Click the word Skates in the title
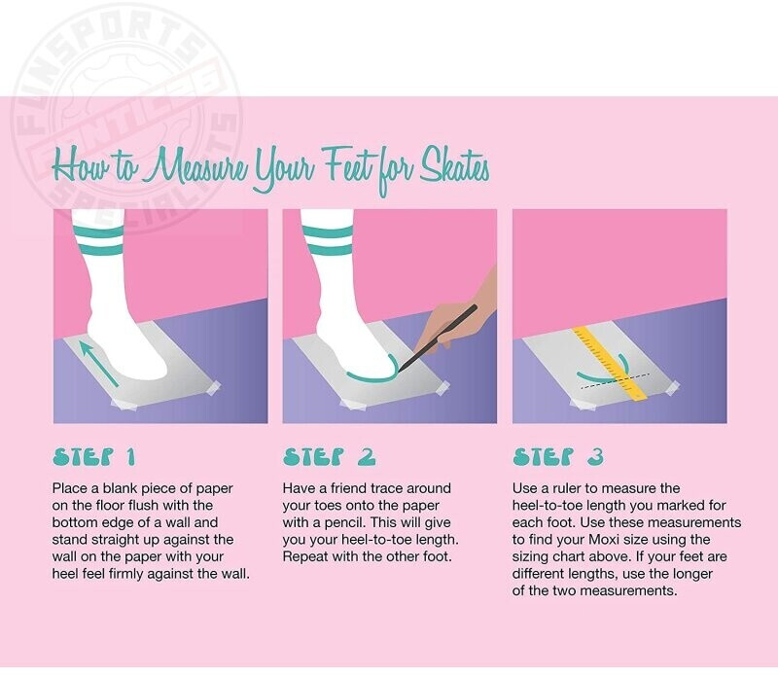(x=454, y=166)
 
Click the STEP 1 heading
(x=94, y=456)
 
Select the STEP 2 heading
(x=329, y=456)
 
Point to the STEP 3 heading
(x=558, y=456)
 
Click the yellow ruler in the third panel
(x=611, y=362)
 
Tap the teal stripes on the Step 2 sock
(x=328, y=241)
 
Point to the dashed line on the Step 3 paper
(x=616, y=380)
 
